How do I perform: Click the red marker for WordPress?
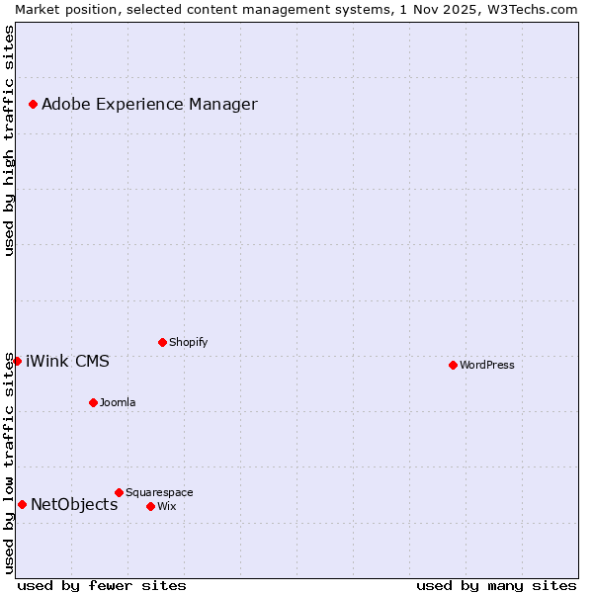pyautogui.click(x=453, y=365)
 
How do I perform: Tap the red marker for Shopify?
pyautogui.click(x=162, y=342)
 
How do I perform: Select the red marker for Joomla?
pyautogui.click(x=93, y=402)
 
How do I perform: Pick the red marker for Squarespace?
pyautogui.click(x=119, y=492)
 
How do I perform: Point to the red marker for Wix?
pyautogui.click(x=150, y=506)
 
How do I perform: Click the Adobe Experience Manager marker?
pyautogui.click(x=33, y=104)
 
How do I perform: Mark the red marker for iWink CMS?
pyautogui.click(x=17, y=361)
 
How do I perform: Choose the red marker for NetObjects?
pyautogui.click(x=22, y=504)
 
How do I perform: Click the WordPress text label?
pyautogui.click(x=487, y=365)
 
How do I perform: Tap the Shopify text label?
pyautogui.click(x=188, y=342)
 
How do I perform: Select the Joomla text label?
pyautogui.click(x=118, y=402)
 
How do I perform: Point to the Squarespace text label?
pyautogui.click(x=159, y=492)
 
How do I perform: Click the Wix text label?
pyautogui.click(x=166, y=506)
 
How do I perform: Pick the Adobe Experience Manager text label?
pyautogui.click(x=149, y=104)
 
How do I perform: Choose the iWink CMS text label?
pyautogui.click(x=67, y=361)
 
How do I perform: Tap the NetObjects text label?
pyautogui.click(x=74, y=504)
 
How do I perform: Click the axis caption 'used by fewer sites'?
pyautogui.click(x=102, y=585)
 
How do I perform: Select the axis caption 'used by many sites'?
pyautogui.click(x=496, y=585)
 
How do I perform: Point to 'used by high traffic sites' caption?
pyautogui.click(x=9, y=140)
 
